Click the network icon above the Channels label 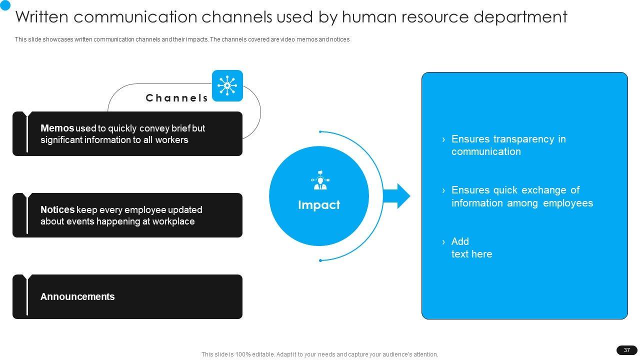click(x=227, y=85)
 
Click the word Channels click(x=177, y=98)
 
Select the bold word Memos click(x=57, y=128)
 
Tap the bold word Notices click(x=57, y=210)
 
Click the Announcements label click(x=77, y=297)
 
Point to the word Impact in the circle click(x=319, y=205)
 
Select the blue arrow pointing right click(x=397, y=196)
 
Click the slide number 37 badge click(x=627, y=350)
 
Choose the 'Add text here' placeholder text click(x=471, y=248)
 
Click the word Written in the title click(x=44, y=17)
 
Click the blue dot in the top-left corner click(x=5, y=4)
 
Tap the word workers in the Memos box click(x=171, y=140)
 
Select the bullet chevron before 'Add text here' click(x=443, y=242)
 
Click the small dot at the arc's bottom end click(x=320, y=260)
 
